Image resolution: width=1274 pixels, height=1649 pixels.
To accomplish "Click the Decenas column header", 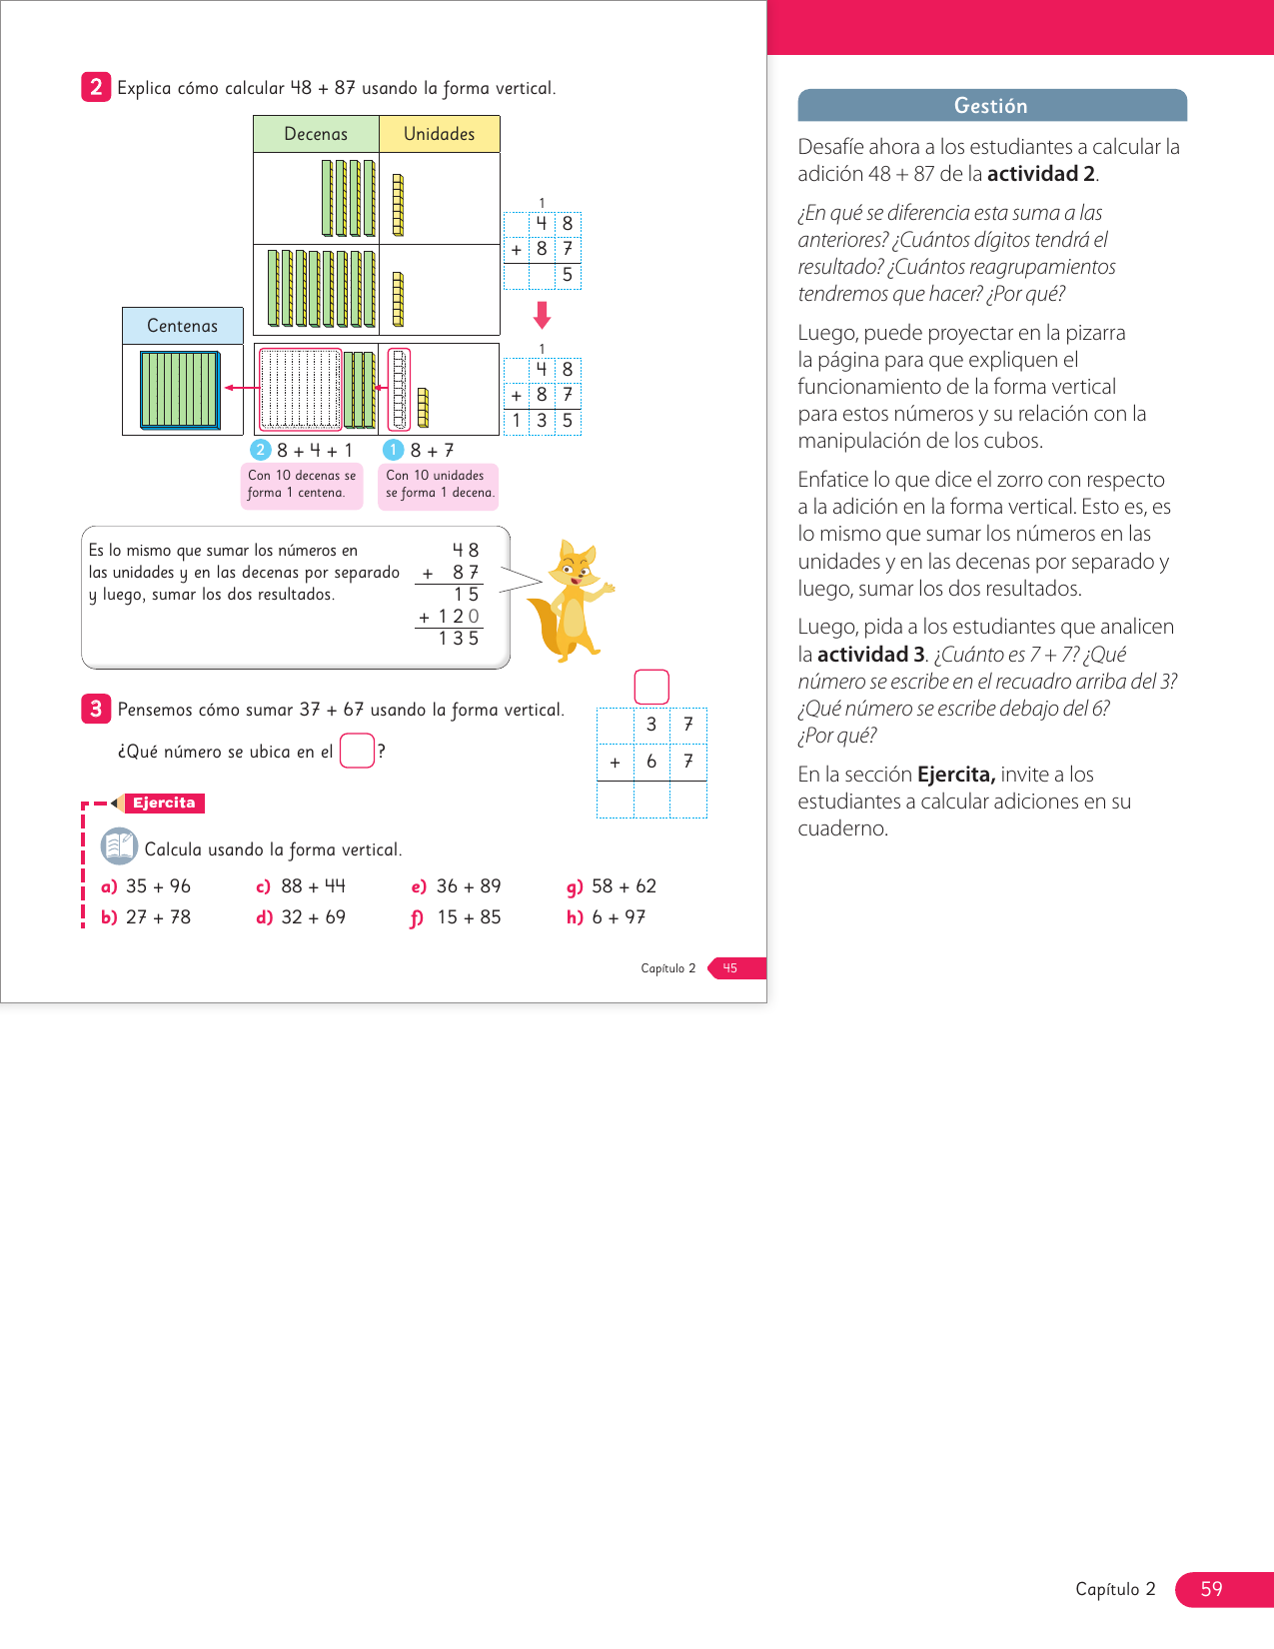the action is coord(316,134).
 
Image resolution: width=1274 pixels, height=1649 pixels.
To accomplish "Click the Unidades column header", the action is coord(440,134).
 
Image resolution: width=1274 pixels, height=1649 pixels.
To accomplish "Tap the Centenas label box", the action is coord(183,326).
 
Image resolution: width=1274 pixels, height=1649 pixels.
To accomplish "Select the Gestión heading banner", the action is coord(992,106).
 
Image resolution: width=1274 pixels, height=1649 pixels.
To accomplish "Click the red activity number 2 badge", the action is coord(96,87).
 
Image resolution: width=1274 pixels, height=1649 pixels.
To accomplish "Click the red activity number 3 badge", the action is coord(96,709).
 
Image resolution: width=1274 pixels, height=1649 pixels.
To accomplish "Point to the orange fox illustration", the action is coord(571,600).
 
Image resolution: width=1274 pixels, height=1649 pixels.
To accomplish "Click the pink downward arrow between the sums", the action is coord(542,315).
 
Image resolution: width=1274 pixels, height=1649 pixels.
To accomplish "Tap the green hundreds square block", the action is coord(181,390).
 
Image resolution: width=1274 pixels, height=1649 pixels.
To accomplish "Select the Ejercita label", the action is coord(164,803).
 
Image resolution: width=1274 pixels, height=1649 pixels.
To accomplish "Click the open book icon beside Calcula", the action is coord(119,846).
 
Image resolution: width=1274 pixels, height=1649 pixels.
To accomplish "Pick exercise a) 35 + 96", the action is coord(147,886).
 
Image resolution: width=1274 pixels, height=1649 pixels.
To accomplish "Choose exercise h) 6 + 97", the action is coord(606,917).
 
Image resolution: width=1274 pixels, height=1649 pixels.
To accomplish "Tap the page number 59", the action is coord(1212,1589).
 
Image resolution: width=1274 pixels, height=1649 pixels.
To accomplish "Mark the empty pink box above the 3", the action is coord(651,688).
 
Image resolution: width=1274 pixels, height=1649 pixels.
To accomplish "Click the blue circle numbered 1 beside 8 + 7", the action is coord(393,450).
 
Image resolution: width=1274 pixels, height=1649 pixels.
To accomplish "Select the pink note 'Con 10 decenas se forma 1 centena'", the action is coord(301,484).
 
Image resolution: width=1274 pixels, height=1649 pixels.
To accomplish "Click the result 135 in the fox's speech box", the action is coord(459,639).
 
